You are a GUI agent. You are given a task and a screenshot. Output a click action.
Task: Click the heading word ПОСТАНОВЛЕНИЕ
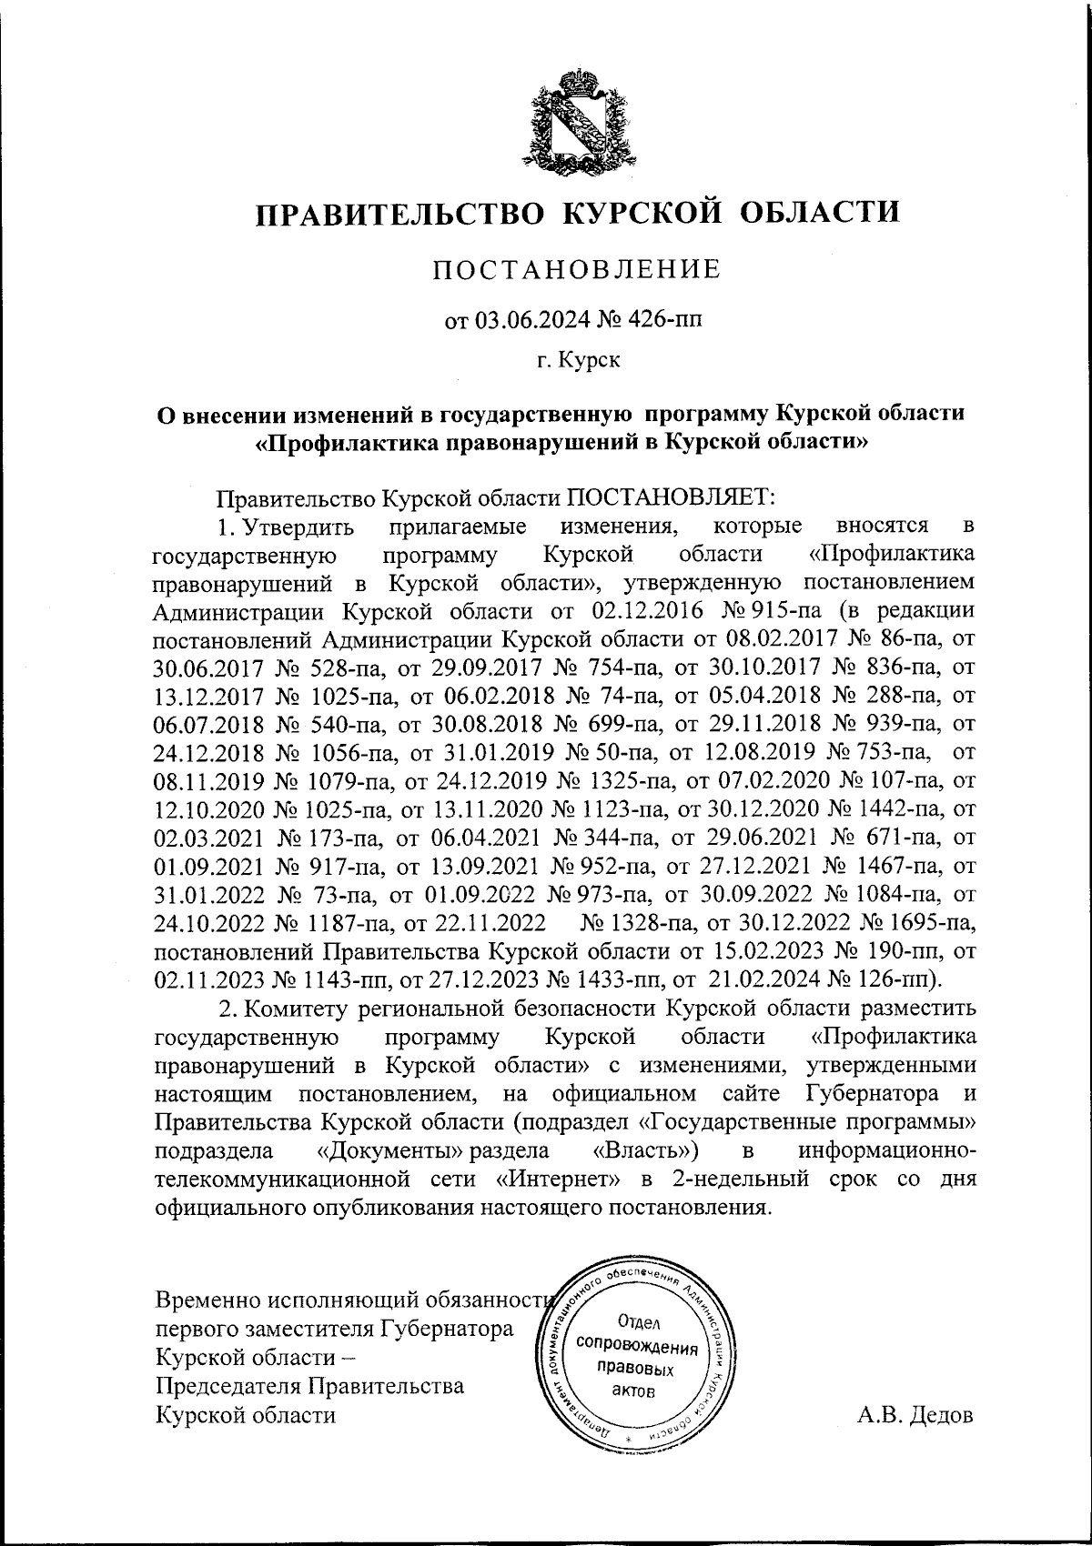pos(576,269)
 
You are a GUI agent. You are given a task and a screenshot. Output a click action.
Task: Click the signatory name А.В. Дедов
pos(915,1415)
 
